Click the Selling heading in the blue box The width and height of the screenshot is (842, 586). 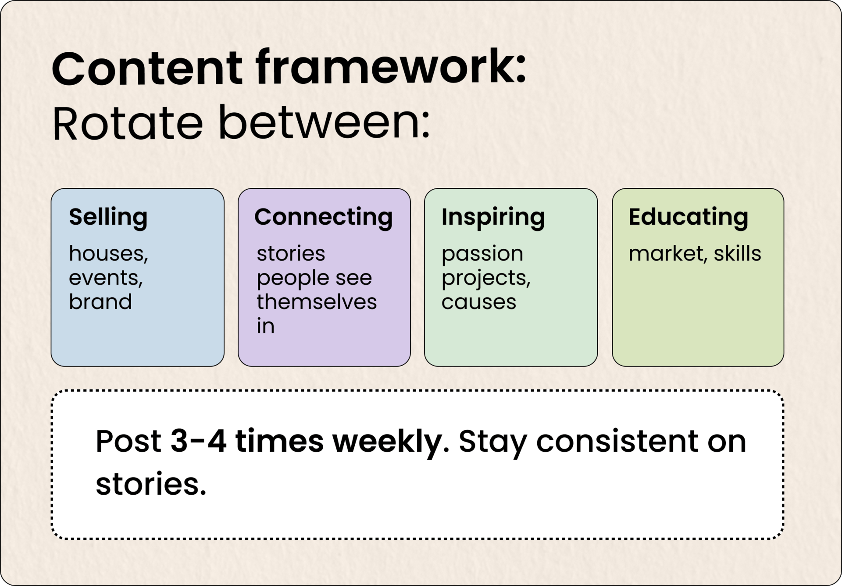pyautogui.click(x=108, y=217)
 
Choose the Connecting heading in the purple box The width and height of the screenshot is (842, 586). pyautogui.click(x=324, y=217)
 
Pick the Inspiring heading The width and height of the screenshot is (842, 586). pyautogui.click(x=493, y=217)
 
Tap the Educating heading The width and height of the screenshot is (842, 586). pyautogui.click(x=688, y=217)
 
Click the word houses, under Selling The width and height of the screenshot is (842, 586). pyautogui.click(x=108, y=254)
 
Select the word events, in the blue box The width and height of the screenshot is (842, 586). pyautogui.click(x=106, y=278)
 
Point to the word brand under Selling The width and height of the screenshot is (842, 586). pyautogui.click(x=100, y=301)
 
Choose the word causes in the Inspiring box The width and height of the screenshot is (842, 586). pyautogui.click(x=479, y=302)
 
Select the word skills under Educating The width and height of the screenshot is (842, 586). pyautogui.click(x=737, y=253)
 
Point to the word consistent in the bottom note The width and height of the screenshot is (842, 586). pyautogui.click(x=617, y=441)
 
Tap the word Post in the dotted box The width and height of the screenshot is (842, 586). pyautogui.click(x=128, y=441)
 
